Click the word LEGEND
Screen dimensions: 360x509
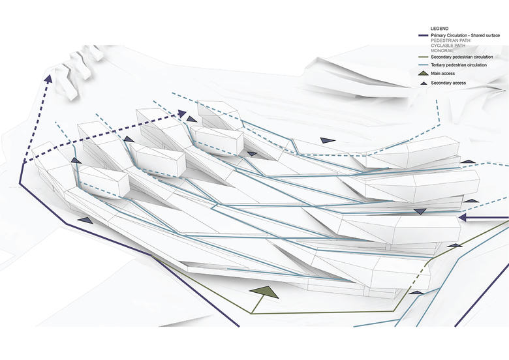(x=440, y=29)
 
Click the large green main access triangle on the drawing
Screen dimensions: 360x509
(x=264, y=292)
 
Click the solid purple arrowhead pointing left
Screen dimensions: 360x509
(x=465, y=217)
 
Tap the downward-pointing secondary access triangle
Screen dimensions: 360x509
(x=421, y=212)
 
